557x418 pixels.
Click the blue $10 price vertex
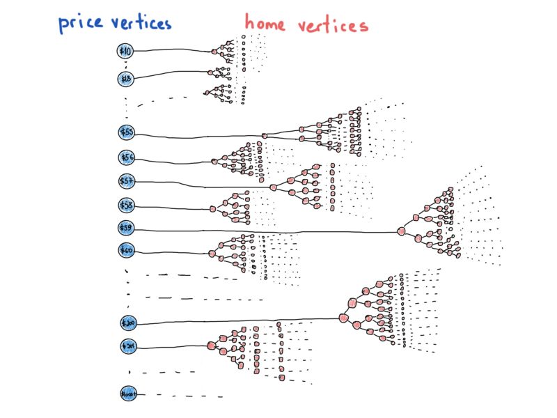[125, 50]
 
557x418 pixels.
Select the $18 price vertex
[125, 79]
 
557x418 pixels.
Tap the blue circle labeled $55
[127, 132]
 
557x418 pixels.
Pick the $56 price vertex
[127, 157]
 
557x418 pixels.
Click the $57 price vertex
[127, 181]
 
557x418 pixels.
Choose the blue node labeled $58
[127, 205]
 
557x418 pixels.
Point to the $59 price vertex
[127, 228]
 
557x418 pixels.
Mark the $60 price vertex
[127, 250]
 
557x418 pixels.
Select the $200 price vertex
[128, 323]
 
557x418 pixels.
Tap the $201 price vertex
[128, 346]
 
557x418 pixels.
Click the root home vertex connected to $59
[402, 231]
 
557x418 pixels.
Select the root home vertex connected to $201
[211, 346]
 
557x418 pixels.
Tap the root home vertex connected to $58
[213, 208]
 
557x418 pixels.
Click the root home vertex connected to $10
[215, 52]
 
